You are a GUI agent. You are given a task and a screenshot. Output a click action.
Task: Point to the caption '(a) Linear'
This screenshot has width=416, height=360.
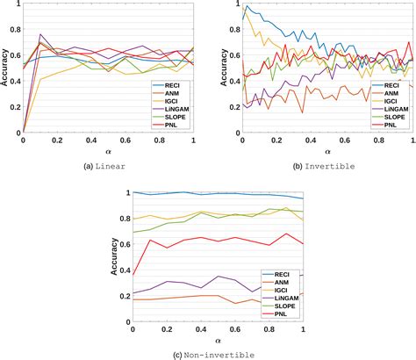(x=107, y=165)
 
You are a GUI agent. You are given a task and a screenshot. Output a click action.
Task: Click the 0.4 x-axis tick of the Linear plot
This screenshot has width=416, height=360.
(x=90, y=140)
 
